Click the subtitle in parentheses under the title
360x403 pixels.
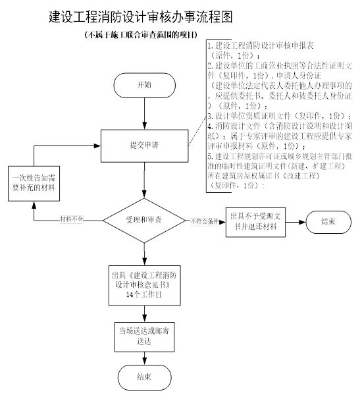(x=141, y=35)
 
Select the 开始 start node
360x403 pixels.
(x=143, y=86)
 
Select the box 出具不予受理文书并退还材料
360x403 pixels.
(x=252, y=221)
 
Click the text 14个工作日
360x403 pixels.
(x=143, y=296)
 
